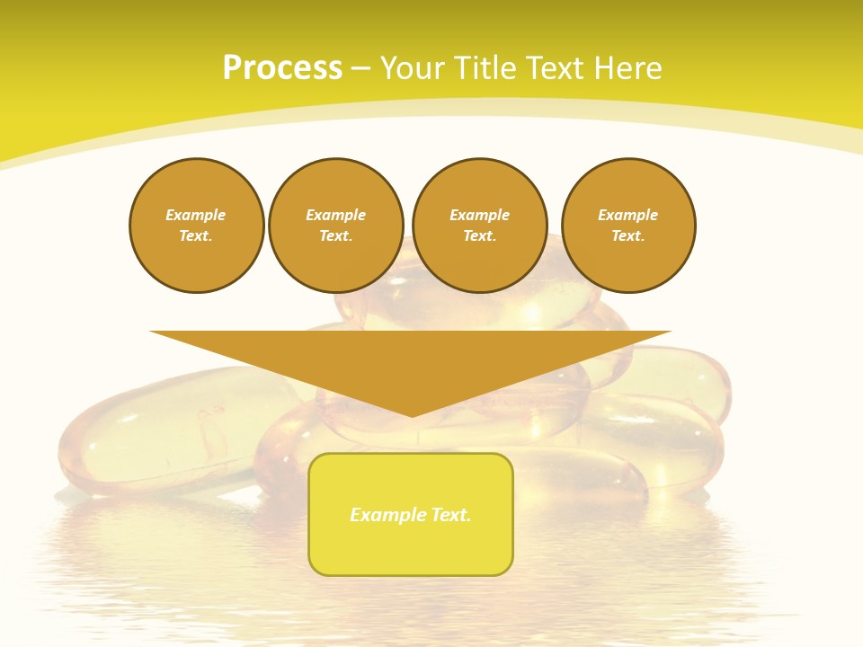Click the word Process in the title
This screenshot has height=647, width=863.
point(282,68)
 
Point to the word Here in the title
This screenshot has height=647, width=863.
point(629,68)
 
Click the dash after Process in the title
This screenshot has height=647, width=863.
point(360,69)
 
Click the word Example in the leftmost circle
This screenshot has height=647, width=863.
point(196,215)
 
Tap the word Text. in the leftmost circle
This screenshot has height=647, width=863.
point(196,235)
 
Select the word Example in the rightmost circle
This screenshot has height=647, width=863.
point(628,215)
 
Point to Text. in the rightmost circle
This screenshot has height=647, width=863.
point(628,235)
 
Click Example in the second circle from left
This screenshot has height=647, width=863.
point(336,215)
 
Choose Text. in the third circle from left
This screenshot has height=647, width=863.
point(480,235)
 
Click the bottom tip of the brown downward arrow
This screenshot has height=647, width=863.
point(412,414)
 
